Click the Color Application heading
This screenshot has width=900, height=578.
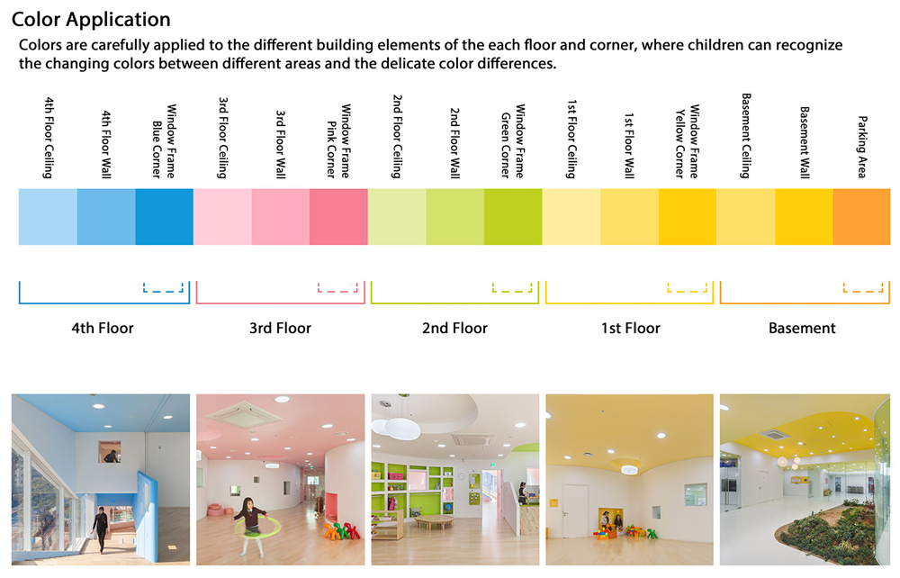point(91,20)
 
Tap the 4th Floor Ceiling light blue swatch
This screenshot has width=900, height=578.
point(48,217)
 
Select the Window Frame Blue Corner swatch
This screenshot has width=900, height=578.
point(164,217)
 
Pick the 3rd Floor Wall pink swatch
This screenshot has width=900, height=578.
point(281,217)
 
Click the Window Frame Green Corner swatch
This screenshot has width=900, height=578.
point(513,217)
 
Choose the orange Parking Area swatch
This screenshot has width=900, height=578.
point(861,217)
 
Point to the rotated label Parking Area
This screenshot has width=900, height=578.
point(862,147)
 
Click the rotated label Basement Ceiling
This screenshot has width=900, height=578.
point(745,136)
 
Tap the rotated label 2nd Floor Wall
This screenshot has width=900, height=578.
point(454,143)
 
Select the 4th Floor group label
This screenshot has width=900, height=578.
point(103,329)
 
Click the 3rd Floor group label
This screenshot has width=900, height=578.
point(280,329)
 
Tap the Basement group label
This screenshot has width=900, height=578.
point(802,329)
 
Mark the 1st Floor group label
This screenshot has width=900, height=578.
point(630,329)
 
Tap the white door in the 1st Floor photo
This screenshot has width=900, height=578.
point(574,510)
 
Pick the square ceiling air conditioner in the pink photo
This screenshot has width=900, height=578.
point(241,414)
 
